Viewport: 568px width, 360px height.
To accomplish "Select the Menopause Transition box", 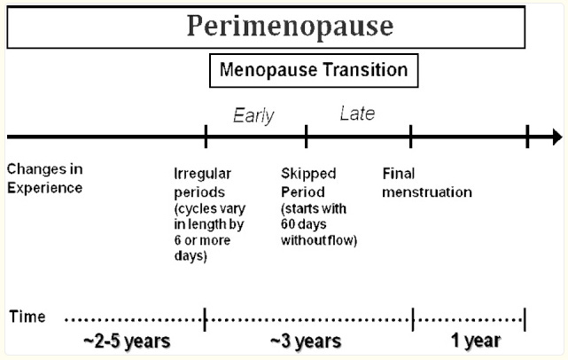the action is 314,71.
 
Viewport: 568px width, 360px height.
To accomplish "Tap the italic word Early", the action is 253,116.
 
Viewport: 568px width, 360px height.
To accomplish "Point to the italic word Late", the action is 357,113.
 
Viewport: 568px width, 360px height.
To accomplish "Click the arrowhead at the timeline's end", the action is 557,137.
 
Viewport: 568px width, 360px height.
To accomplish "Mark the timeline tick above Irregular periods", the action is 206,137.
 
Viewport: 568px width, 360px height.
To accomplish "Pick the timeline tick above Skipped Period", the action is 306,137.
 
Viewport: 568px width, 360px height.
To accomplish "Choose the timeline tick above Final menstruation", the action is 410,137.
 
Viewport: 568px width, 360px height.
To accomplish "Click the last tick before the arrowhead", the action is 527,137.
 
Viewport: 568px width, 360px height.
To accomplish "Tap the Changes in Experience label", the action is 45,178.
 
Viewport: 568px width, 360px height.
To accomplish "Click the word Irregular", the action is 203,174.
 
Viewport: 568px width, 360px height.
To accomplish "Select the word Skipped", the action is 308,174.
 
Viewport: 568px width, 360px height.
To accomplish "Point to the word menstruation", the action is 427,192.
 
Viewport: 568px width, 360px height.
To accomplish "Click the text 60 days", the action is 304,224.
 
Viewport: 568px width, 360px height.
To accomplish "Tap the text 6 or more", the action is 202,240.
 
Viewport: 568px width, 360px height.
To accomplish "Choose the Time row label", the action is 27,317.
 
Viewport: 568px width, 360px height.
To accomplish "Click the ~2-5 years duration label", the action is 127,341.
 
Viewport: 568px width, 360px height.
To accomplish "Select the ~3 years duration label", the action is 306,341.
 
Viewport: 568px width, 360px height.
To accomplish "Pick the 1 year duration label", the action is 476,340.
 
